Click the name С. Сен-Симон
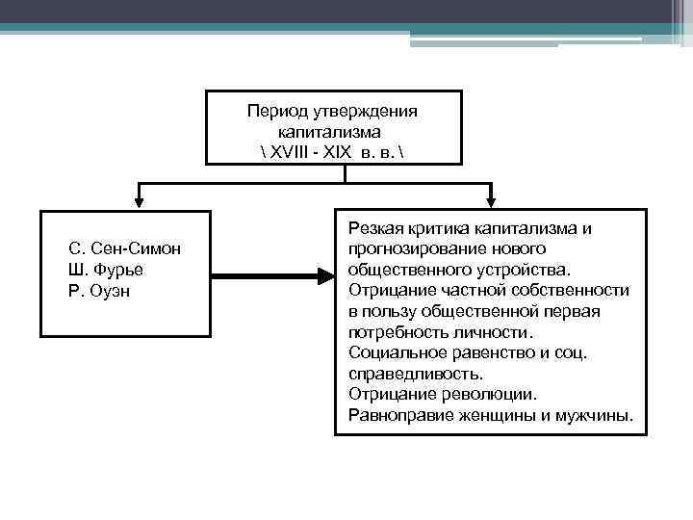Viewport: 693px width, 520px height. tap(125, 249)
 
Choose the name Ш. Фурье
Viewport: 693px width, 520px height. tap(107, 270)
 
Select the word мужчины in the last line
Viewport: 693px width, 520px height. tap(598, 416)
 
